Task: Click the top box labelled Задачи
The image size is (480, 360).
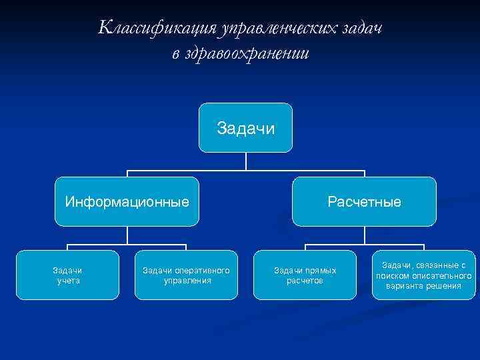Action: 246,127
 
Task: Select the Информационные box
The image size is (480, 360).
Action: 127,201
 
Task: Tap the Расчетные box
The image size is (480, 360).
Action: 364,201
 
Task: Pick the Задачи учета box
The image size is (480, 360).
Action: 67,275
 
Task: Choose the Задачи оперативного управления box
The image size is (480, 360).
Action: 187,275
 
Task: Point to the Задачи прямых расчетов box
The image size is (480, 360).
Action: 305,275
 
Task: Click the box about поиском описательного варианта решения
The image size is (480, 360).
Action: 424,275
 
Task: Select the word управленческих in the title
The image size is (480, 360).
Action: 277,28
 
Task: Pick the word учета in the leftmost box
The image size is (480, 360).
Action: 67,281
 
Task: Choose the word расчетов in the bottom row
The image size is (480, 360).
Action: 305,281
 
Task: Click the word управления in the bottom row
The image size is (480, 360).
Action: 187,281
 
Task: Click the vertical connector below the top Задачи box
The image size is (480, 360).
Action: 246,160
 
